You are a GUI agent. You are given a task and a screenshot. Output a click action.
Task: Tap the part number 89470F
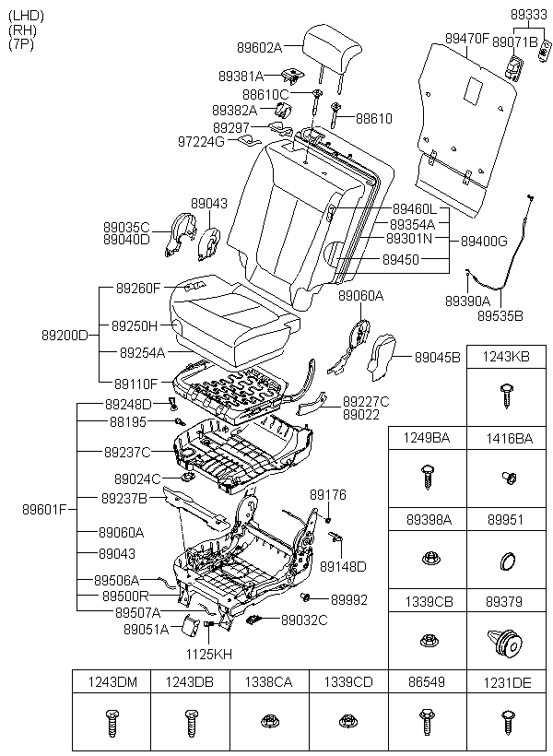coord(466,38)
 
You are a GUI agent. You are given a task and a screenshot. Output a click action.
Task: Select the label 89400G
coord(484,241)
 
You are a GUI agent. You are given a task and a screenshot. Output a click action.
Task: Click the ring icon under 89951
coord(507,561)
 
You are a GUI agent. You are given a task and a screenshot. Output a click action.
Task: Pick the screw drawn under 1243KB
coord(506,396)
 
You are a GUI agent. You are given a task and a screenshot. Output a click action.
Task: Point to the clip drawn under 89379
coord(506,643)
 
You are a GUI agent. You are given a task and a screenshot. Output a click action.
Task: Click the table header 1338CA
coord(268,681)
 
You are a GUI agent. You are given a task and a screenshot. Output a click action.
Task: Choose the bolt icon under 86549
coord(427,722)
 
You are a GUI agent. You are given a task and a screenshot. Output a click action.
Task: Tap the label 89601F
coord(44,509)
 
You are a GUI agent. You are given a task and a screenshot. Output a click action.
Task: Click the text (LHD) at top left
coord(26,16)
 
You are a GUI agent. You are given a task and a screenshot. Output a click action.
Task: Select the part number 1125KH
coord(209,655)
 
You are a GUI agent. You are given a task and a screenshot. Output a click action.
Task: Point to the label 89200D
coord(65,335)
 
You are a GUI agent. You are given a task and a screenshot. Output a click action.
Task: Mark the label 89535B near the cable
coord(500,316)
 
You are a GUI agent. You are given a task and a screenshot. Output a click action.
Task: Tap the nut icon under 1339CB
coord(428,640)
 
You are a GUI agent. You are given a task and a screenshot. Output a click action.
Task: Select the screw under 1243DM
coord(112,723)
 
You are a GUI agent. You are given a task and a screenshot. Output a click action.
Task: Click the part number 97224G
coord(202,142)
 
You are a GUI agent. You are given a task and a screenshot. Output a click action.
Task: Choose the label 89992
coord(349,600)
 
